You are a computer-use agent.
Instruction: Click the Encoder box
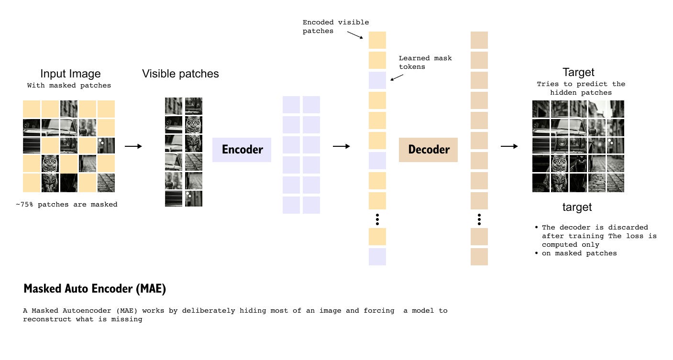click(242, 150)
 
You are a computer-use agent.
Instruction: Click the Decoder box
click(428, 150)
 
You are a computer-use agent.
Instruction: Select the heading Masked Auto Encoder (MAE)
click(95, 289)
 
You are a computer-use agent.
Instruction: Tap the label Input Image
click(70, 74)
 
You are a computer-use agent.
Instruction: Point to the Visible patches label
click(180, 74)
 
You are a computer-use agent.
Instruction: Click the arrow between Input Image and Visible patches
click(133, 146)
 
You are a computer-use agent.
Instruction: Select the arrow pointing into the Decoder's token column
click(342, 146)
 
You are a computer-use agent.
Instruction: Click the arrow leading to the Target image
click(509, 146)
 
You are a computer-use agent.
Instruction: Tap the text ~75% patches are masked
click(66, 204)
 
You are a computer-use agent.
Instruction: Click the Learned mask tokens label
click(425, 62)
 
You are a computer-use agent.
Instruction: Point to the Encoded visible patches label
click(335, 26)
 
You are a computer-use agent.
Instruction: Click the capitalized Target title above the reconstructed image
click(578, 72)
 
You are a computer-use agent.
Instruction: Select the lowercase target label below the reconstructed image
click(577, 207)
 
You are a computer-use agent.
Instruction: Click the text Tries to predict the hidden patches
click(581, 88)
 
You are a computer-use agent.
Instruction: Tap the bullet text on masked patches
click(579, 253)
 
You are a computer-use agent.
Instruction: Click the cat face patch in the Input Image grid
click(50, 164)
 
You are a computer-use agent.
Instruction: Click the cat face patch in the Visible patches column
click(194, 125)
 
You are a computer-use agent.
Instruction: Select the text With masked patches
click(69, 86)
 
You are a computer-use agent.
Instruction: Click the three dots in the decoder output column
click(479, 219)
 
